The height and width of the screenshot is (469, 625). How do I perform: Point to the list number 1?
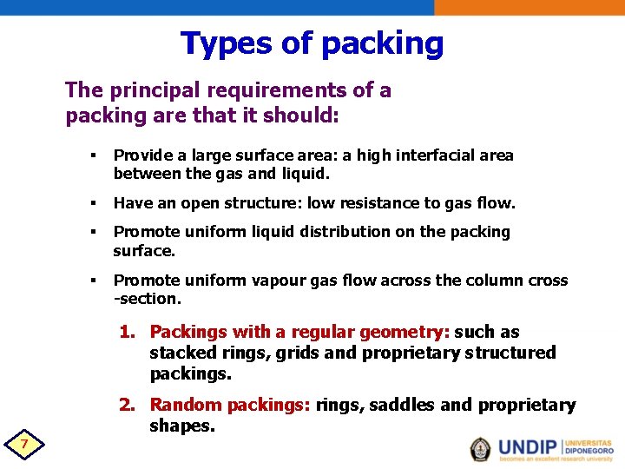pos(127,332)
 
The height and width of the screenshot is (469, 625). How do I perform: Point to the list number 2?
pos(127,405)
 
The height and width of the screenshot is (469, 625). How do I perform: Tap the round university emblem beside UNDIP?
pos(480,448)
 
